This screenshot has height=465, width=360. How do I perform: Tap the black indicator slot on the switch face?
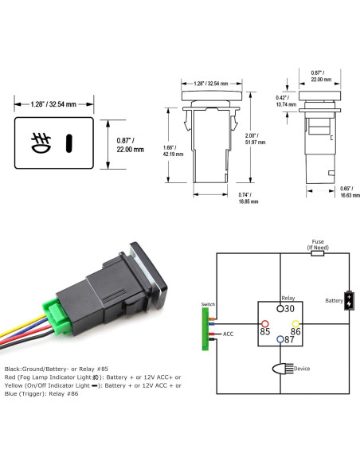69,143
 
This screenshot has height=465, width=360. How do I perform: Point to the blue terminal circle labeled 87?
280,339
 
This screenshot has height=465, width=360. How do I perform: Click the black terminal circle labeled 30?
279,307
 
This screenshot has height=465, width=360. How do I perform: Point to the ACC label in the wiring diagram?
228,334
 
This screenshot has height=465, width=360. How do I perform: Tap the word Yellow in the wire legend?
16,385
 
